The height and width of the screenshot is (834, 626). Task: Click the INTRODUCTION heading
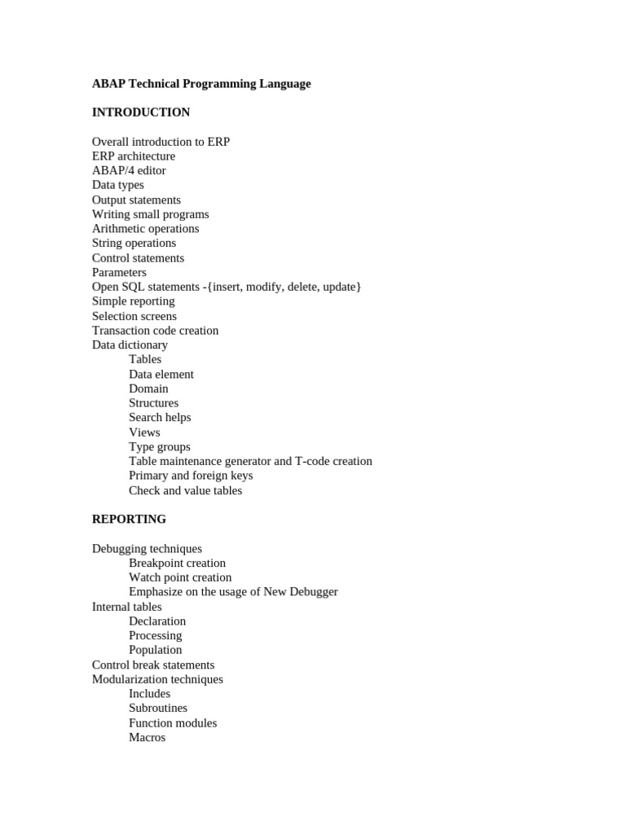pos(140,112)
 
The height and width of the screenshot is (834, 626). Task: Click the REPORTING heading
pos(129,519)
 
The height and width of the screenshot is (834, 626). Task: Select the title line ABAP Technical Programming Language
pos(201,84)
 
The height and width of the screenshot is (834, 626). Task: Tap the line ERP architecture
pos(134,156)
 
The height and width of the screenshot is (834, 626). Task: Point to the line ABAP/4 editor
pos(129,171)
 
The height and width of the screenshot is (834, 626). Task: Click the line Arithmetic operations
pos(145,229)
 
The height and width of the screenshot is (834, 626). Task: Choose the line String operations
pos(134,244)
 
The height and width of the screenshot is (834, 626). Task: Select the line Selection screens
pos(134,316)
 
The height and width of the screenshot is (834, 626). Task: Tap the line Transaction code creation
pos(155,331)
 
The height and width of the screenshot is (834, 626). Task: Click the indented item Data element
pos(161,375)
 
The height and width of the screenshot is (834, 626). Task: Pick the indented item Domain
pos(148,389)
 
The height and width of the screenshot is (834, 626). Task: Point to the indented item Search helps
pos(160,418)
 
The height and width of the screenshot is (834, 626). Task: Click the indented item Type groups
pos(160,447)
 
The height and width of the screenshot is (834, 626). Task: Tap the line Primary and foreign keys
pos(191,476)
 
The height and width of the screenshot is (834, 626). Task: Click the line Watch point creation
pos(180,577)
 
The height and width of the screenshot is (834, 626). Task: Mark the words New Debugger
pos(300,592)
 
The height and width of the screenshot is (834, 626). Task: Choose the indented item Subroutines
pos(158,709)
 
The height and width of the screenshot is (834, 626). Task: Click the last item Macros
pos(147,738)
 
